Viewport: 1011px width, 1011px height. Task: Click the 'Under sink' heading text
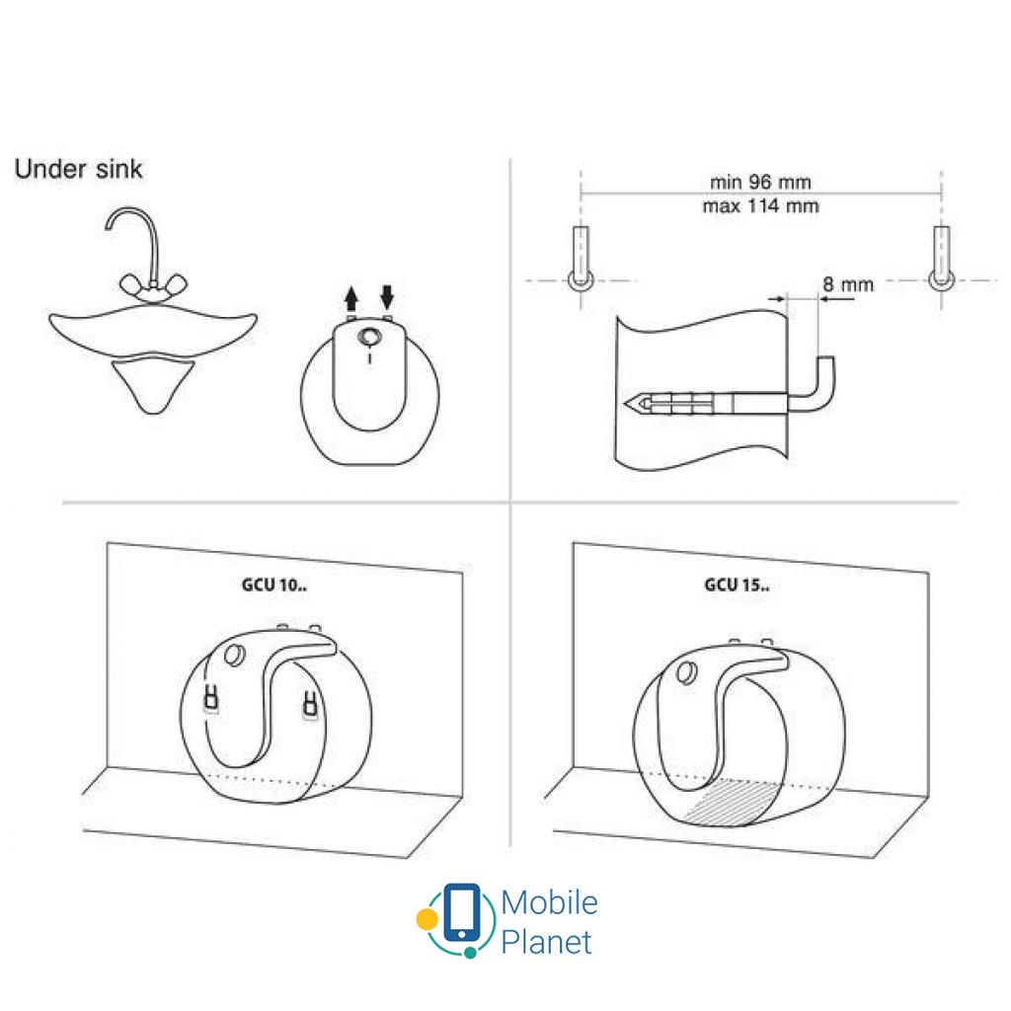78,169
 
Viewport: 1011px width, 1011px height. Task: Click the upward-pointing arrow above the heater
350,298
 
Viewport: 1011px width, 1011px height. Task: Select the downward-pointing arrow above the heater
387,296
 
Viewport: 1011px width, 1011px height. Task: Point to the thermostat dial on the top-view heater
369,337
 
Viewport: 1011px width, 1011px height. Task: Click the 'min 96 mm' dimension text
760,182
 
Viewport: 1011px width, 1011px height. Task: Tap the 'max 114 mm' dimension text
760,206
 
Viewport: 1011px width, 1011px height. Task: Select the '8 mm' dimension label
848,284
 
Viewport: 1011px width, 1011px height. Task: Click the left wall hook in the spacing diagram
581,258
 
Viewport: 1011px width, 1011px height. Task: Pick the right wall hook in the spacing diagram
941,258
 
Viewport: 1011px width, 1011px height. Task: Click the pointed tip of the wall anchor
626,404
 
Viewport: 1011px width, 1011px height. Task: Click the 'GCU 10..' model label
274,584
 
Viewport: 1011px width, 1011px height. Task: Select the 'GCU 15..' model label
737,584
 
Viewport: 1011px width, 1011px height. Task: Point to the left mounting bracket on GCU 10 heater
211,699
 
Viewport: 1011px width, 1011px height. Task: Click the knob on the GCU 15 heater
686,672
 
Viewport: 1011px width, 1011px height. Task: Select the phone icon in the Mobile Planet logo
462,913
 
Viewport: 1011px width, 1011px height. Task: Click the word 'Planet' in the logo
546,942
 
